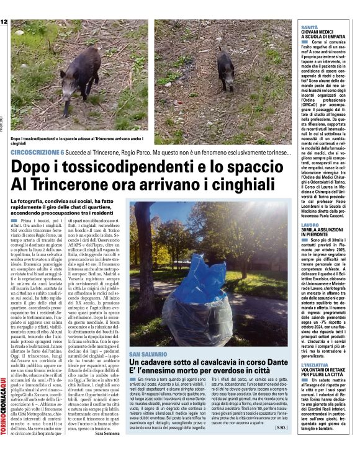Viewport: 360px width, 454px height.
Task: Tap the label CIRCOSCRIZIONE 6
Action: coord(37,152)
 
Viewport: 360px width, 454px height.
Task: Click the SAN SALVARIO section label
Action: coord(150,353)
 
